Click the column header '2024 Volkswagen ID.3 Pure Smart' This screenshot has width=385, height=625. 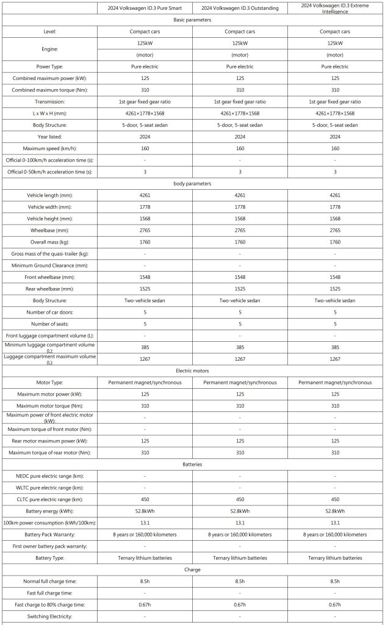click(145, 7)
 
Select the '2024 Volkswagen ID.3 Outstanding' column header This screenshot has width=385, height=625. click(240, 7)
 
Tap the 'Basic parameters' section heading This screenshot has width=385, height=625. click(192, 20)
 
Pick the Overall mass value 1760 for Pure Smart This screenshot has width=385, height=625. click(145, 242)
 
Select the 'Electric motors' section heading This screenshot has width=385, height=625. click(192, 370)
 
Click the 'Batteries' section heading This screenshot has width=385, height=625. click(192, 464)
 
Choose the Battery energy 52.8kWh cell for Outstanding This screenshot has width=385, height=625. click(240, 511)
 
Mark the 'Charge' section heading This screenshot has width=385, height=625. click(192, 569)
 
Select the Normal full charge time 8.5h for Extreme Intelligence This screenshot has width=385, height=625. click(335, 581)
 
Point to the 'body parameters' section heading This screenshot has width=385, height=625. click(192, 183)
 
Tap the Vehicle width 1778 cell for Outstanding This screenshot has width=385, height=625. click(240, 207)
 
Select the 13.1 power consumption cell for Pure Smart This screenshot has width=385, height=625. click(145, 522)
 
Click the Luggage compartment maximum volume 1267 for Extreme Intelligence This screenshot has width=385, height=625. click(335, 359)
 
